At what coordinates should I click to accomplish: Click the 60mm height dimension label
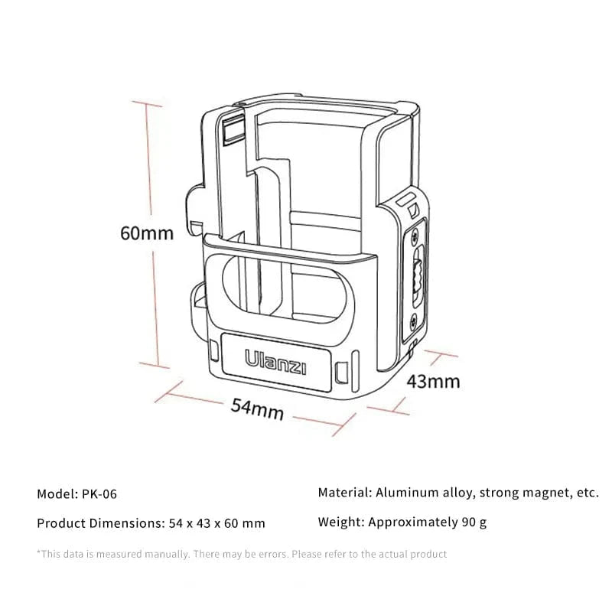point(147,232)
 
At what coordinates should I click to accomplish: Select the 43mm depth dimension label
point(433,380)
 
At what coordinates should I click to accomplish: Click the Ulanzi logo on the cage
point(275,362)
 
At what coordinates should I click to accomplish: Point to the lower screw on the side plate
point(414,321)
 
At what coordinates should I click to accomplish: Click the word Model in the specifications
point(56,494)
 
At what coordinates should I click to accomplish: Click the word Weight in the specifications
point(340,523)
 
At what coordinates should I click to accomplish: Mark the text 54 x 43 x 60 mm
point(216,524)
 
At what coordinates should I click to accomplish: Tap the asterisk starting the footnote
point(39,552)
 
